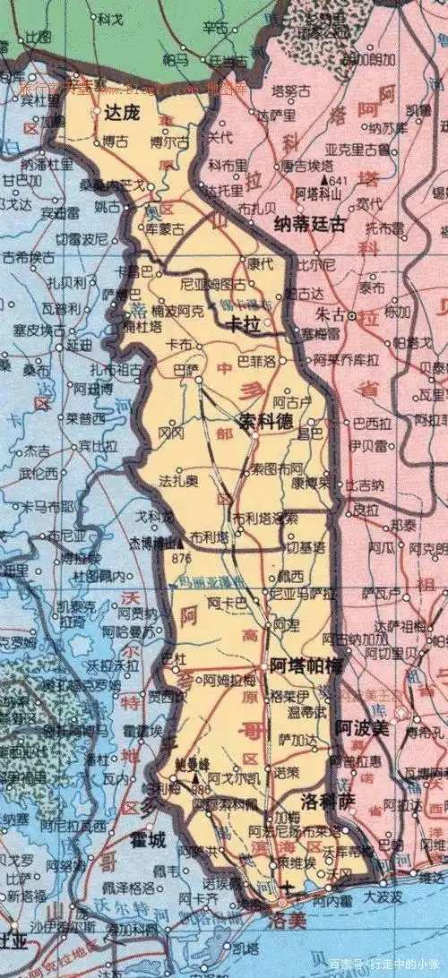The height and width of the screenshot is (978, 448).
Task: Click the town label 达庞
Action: (x=122, y=113)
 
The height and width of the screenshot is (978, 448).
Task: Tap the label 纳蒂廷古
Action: (x=309, y=226)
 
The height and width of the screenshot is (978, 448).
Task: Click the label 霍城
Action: (x=147, y=840)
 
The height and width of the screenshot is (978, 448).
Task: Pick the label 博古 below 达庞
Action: (x=115, y=142)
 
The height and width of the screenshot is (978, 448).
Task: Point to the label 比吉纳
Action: (x=363, y=485)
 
